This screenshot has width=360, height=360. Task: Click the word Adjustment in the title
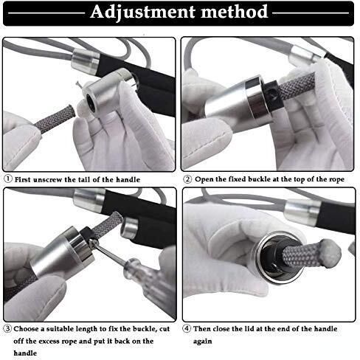pos(143,13)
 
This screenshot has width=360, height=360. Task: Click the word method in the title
pos(235,12)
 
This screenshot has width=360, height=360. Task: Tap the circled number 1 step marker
pos(8,179)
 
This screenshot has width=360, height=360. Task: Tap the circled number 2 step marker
pos(187,179)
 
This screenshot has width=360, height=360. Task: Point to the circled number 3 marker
pos(7,328)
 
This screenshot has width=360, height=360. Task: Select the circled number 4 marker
pos(187,328)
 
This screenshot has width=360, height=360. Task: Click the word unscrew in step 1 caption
pos(47,180)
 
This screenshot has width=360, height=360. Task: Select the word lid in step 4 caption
pos(250,329)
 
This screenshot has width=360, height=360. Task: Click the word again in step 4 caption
pos(202,342)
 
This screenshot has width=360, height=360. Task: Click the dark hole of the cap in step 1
pos(91,100)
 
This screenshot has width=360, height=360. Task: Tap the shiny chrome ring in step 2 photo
pos(256,100)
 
